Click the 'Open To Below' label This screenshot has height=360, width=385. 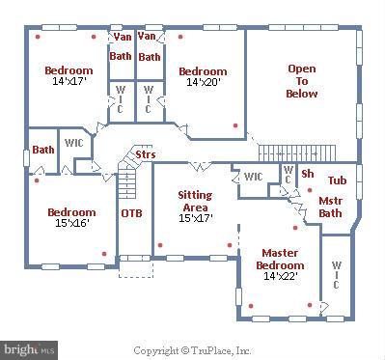click(301, 95)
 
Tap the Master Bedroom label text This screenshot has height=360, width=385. click(280, 259)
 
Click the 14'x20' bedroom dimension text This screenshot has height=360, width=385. click(203, 83)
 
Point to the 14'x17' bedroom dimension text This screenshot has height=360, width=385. click(69, 82)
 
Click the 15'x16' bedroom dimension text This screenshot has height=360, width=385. click(71, 224)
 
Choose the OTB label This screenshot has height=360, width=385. click(131, 212)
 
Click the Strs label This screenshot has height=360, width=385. click(145, 154)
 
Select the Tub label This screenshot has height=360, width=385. click(337, 180)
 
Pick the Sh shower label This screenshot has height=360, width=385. click(308, 174)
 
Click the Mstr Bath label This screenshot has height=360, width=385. click(330, 207)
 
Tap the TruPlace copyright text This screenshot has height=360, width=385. click(192, 350)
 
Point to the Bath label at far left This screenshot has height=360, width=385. click(42, 150)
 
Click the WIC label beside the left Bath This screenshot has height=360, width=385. click(73, 143)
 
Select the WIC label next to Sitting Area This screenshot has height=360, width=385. click(253, 177)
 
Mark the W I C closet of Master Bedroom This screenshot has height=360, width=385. click(336, 276)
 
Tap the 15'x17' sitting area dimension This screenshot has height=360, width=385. click(195, 218)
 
